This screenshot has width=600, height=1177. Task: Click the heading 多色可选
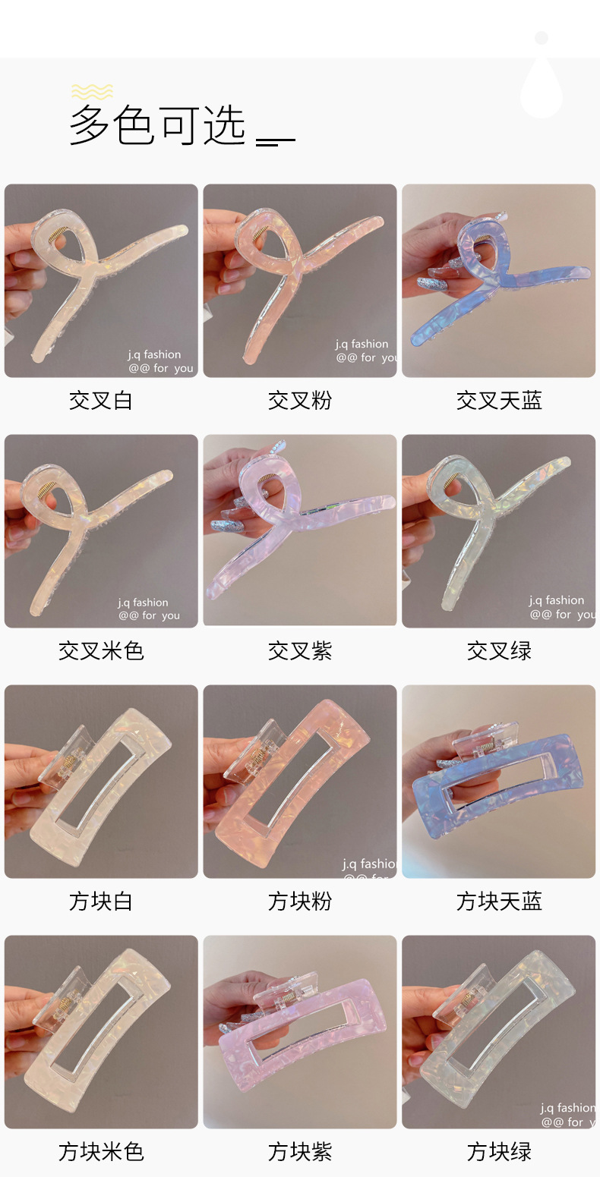point(158,125)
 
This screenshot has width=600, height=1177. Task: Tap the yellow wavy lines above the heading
point(92,92)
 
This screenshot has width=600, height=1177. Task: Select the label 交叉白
point(101,401)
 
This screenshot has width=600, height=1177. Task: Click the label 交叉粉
point(300,401)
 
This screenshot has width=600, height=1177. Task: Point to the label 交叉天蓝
point(499,401)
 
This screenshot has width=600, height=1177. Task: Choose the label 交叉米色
point(101,651)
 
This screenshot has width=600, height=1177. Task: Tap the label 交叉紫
point(300,651)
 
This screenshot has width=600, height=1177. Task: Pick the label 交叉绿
point(499,651)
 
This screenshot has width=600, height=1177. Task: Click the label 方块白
point(101,902)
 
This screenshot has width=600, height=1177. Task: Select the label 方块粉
point(300,902)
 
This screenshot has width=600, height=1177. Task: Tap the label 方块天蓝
point(499,902)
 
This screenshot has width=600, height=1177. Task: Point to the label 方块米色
point(101,1152)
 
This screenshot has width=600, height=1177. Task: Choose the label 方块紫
point(300,1152)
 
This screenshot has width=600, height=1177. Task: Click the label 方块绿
point(499,1152)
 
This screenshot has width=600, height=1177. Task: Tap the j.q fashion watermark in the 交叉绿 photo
point(557,600)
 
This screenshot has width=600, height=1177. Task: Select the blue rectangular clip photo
point(499,782)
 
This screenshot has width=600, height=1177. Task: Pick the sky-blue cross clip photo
point(499,281)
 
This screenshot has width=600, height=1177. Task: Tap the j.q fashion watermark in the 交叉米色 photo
point(144,603)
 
